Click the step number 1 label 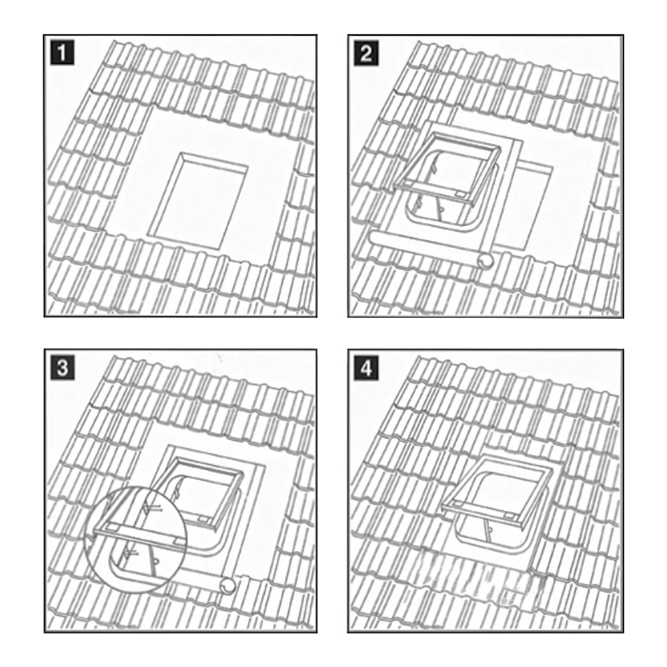[62, 52]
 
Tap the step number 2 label [366, 53]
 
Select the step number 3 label [62, 368]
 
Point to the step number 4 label [366, 368]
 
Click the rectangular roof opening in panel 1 [197, 200]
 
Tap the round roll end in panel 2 [486, 260]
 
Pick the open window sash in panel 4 [497, 488]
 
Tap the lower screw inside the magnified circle [130, 552]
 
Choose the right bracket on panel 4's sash [510, 516]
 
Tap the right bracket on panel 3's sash [202, 520]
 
